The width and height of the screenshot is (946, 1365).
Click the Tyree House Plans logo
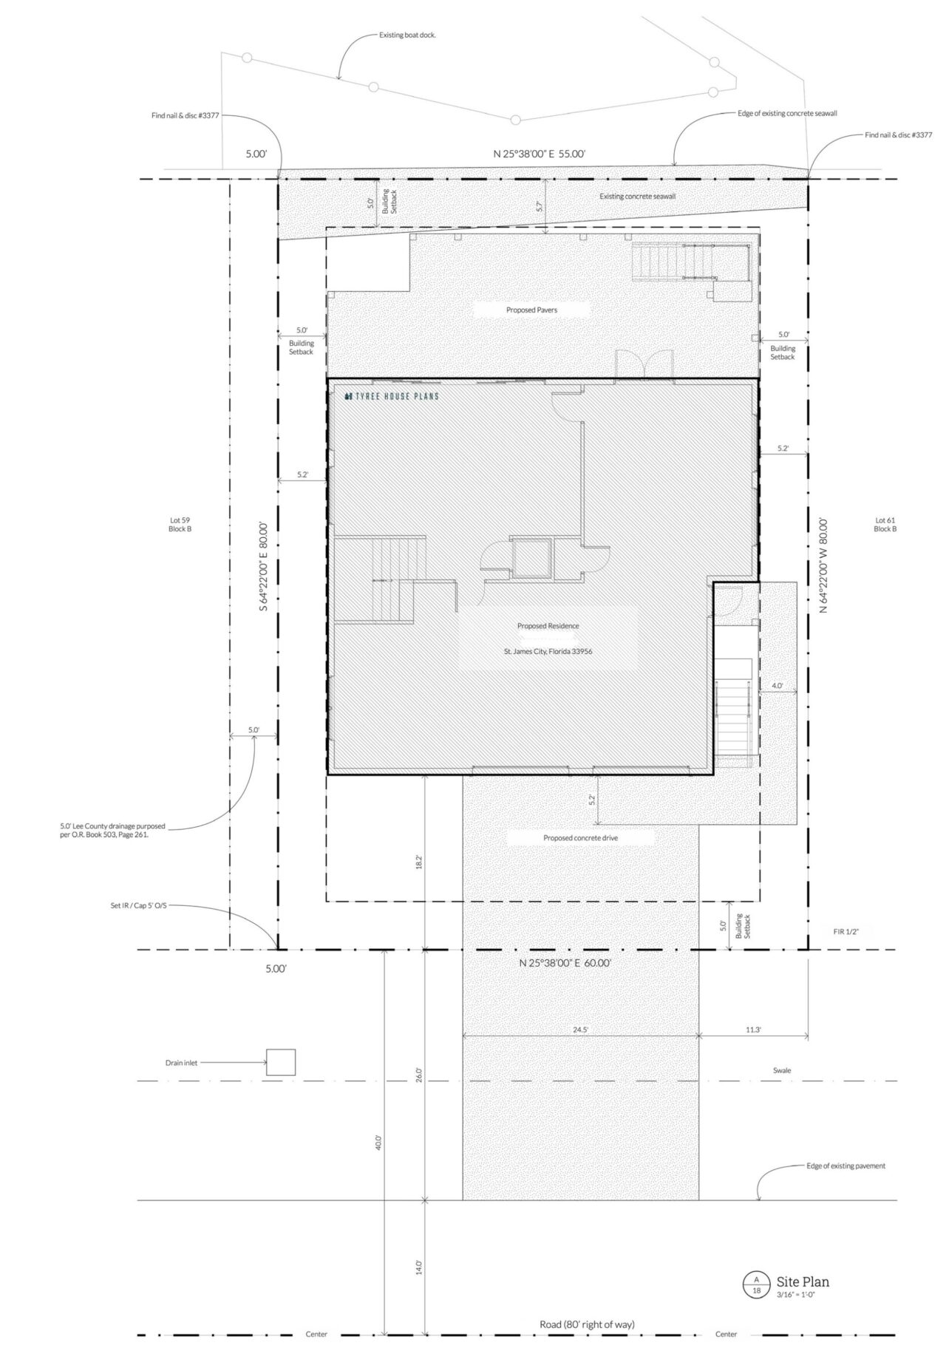point(392,397)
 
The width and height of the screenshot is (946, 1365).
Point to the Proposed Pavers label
point(531,310)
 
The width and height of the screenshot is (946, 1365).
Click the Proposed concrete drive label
point(580,838)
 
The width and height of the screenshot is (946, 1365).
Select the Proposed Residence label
point(548,626)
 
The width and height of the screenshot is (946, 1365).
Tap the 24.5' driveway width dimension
point(580,1029)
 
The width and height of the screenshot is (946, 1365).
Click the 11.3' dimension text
point(753,1029)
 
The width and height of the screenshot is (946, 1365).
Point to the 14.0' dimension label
point(419,1267)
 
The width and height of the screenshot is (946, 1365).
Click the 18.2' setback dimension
point(419,862)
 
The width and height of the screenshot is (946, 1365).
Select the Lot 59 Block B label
point(180,525)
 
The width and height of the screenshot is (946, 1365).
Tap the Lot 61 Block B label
point(885,525)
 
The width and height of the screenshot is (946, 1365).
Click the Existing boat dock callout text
point(407,35)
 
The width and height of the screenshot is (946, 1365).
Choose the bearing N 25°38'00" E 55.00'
point(540,154)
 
